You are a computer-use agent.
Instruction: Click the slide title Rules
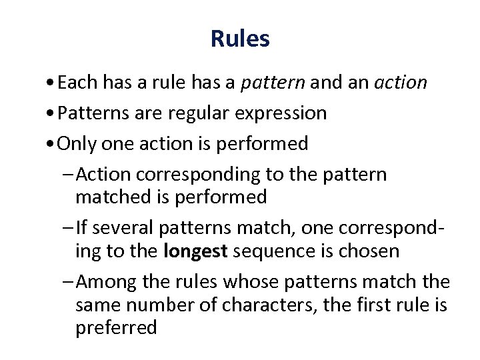pyautogui.click(x=240, y=39)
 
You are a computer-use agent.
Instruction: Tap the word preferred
pyautogui.click(x=117, y=328)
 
